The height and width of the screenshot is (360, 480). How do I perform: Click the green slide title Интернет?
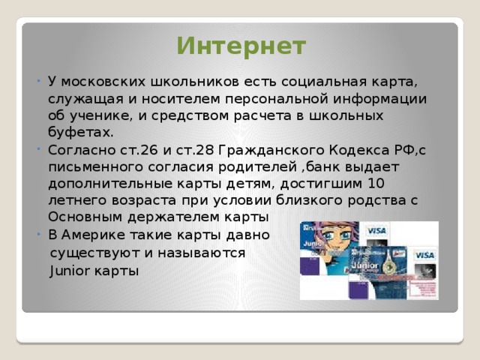point(241,46)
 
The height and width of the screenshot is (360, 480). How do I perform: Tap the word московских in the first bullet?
point(103,82)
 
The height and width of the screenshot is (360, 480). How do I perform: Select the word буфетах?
point(81,133)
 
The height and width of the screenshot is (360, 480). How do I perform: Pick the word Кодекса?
point(358,150)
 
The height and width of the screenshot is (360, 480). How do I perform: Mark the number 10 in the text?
point(376,183)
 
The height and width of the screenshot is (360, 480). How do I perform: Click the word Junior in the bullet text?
point(70,271)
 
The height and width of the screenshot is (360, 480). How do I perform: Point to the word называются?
point(202,253)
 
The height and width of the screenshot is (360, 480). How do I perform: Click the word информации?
point(379,99)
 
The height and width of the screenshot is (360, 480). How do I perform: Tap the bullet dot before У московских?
point(38,81)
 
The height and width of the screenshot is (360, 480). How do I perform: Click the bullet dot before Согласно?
point(38,149)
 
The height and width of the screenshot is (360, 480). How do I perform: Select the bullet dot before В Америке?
point(38,235)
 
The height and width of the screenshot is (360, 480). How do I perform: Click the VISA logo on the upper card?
point(376,230)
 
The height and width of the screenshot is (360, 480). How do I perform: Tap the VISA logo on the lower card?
point(424,255)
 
